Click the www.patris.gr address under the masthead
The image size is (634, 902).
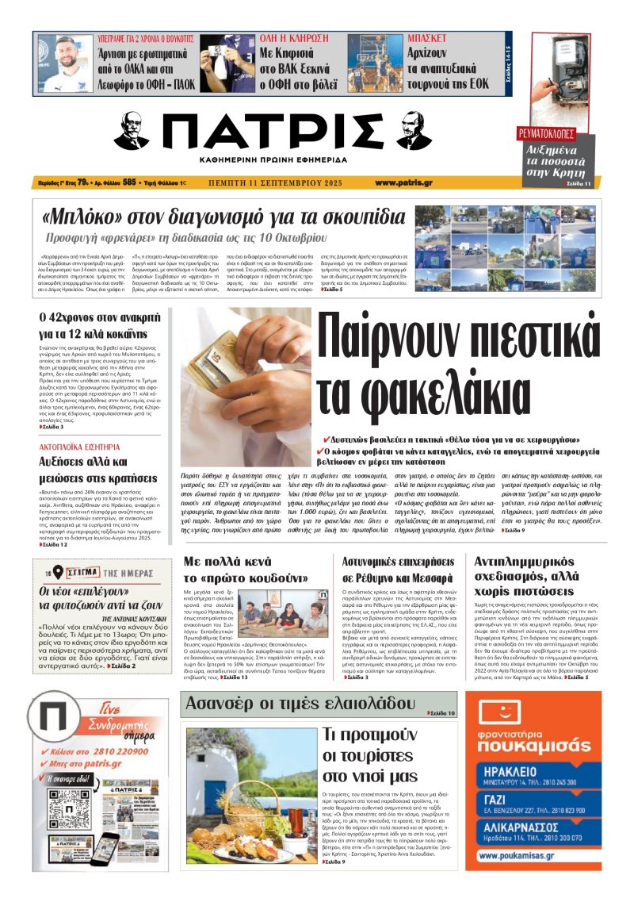(403, 182)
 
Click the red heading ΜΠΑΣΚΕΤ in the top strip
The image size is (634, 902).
(426, 38)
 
